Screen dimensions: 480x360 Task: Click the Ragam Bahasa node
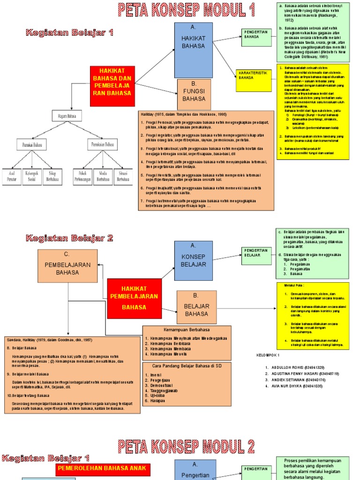point(67,116)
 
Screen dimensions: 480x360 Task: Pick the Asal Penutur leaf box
point(12,176)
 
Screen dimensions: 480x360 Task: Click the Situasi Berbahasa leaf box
point(123,176)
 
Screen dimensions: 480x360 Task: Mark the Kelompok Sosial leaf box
point(32,176)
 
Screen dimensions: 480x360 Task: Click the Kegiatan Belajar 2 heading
point(69,238)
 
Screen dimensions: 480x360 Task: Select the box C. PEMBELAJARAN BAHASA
point(67,266)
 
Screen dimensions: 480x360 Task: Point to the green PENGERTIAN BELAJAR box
point(256,253)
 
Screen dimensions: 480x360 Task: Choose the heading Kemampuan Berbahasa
point(186,330)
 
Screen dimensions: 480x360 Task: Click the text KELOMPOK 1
point(268,355)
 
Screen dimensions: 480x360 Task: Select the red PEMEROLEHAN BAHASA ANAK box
point(102,468)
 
